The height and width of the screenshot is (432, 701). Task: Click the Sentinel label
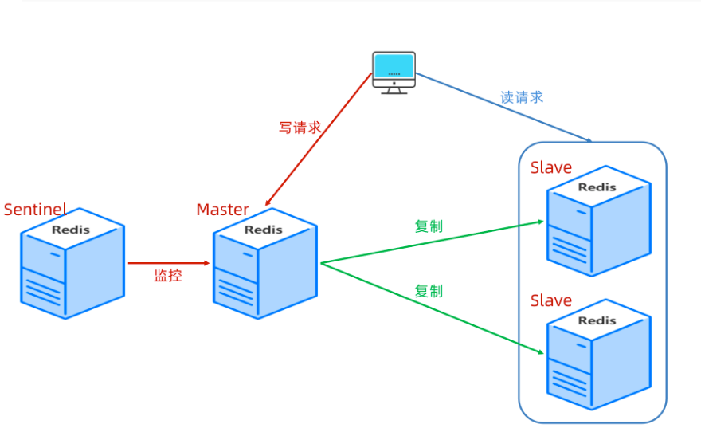(x=35, y=210)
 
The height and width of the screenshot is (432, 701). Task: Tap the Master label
(x=222, y=210)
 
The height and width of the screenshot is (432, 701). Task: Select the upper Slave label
(x=550, y=167)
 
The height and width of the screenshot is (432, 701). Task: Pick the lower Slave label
(x=550, y=300)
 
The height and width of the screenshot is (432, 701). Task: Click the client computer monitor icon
(x=394, y=73)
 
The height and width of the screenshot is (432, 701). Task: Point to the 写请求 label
(x=300, y=128)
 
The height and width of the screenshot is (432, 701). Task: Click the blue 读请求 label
(x=521, y=97)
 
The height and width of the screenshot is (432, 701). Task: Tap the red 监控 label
(x=168, y=276)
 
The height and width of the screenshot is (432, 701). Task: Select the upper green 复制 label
(x=429, y=226)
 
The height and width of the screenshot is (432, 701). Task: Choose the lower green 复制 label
(x=429, y=291)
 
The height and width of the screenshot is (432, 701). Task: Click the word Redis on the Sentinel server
(x=71, y=230)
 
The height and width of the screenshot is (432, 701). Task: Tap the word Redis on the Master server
(x=264, y=230)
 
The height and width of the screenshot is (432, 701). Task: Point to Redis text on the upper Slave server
(x=597, y=187)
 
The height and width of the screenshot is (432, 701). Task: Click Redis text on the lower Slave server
(x=597, y=320)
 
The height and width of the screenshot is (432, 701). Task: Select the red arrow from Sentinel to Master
(x=169, y=263)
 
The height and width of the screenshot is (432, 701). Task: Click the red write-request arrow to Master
(x=319, y=139)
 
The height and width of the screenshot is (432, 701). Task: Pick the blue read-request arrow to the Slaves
(x=504, y=108)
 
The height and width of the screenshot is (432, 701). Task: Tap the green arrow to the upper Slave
(x=433, y=242)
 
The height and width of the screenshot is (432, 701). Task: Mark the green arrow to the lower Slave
(x=433, y=308)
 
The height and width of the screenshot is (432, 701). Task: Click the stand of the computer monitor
(x=394, y=90)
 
